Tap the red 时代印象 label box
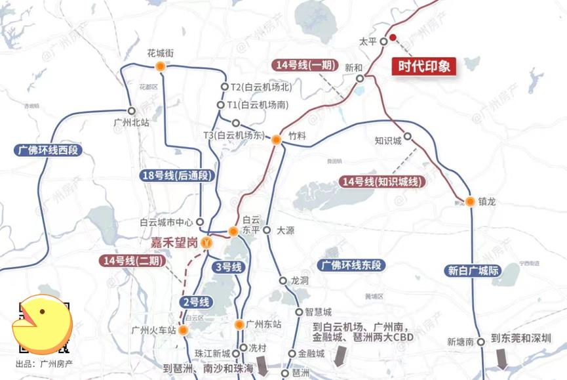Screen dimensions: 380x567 click(427, 66)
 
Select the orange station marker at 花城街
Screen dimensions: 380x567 click(161, 66)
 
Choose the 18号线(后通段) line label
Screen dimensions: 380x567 click(178, 175)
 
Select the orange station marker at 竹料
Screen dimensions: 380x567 click(277, 139)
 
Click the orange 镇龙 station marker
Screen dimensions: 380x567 click(470, 201)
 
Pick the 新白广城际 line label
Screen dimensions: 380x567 click(474, 270)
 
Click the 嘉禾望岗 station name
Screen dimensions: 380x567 click(174, 243)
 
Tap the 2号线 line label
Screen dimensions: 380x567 click(195, 302)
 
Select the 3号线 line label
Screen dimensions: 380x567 click(229, 267)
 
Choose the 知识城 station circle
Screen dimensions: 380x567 click(407, 137)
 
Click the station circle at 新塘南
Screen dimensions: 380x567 click(480, 341)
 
